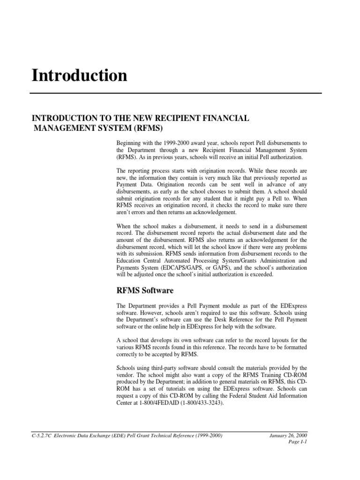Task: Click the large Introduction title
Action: pos(79,75)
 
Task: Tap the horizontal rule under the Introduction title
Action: pos(175,93)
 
